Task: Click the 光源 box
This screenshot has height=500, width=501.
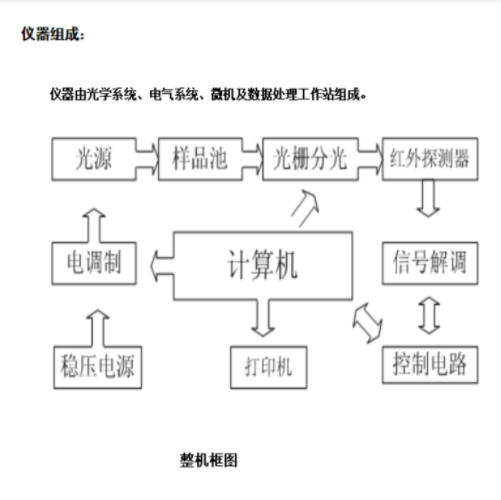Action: point(91,157)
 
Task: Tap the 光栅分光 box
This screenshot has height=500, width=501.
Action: point(311,157)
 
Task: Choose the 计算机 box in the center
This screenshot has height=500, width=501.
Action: point(263,265)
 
